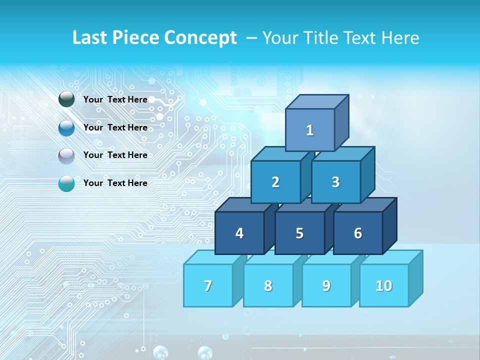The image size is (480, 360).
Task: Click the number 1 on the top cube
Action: click(x=310, y=130)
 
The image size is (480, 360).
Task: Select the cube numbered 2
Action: click(x=275, y=182)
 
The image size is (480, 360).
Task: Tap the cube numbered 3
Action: click(x=335, y=182)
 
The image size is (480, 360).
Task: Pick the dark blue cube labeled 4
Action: click(x=239, y=233)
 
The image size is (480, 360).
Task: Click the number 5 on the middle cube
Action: click(x=299, y=233)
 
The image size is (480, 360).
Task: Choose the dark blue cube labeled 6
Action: click(x=357, y=233)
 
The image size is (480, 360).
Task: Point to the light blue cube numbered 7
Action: click(x=208, y=285)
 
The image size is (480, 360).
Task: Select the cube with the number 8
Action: click(x=268, y=285)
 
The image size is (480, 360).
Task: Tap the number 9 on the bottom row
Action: click(x=326, y=285)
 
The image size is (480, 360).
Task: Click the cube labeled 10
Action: click(x=384, y=285)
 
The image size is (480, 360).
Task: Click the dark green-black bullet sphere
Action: click(x=66, y=99)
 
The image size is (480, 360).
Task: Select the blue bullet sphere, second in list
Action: click(x=66, y=128)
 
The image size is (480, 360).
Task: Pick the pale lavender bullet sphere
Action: click(x=66, y=155)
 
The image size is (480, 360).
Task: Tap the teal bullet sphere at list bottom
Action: click(x=66, y=183)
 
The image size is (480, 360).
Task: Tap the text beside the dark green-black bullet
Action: click(x=115, y=99)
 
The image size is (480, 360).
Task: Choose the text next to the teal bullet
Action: click(x=115, y=183)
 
